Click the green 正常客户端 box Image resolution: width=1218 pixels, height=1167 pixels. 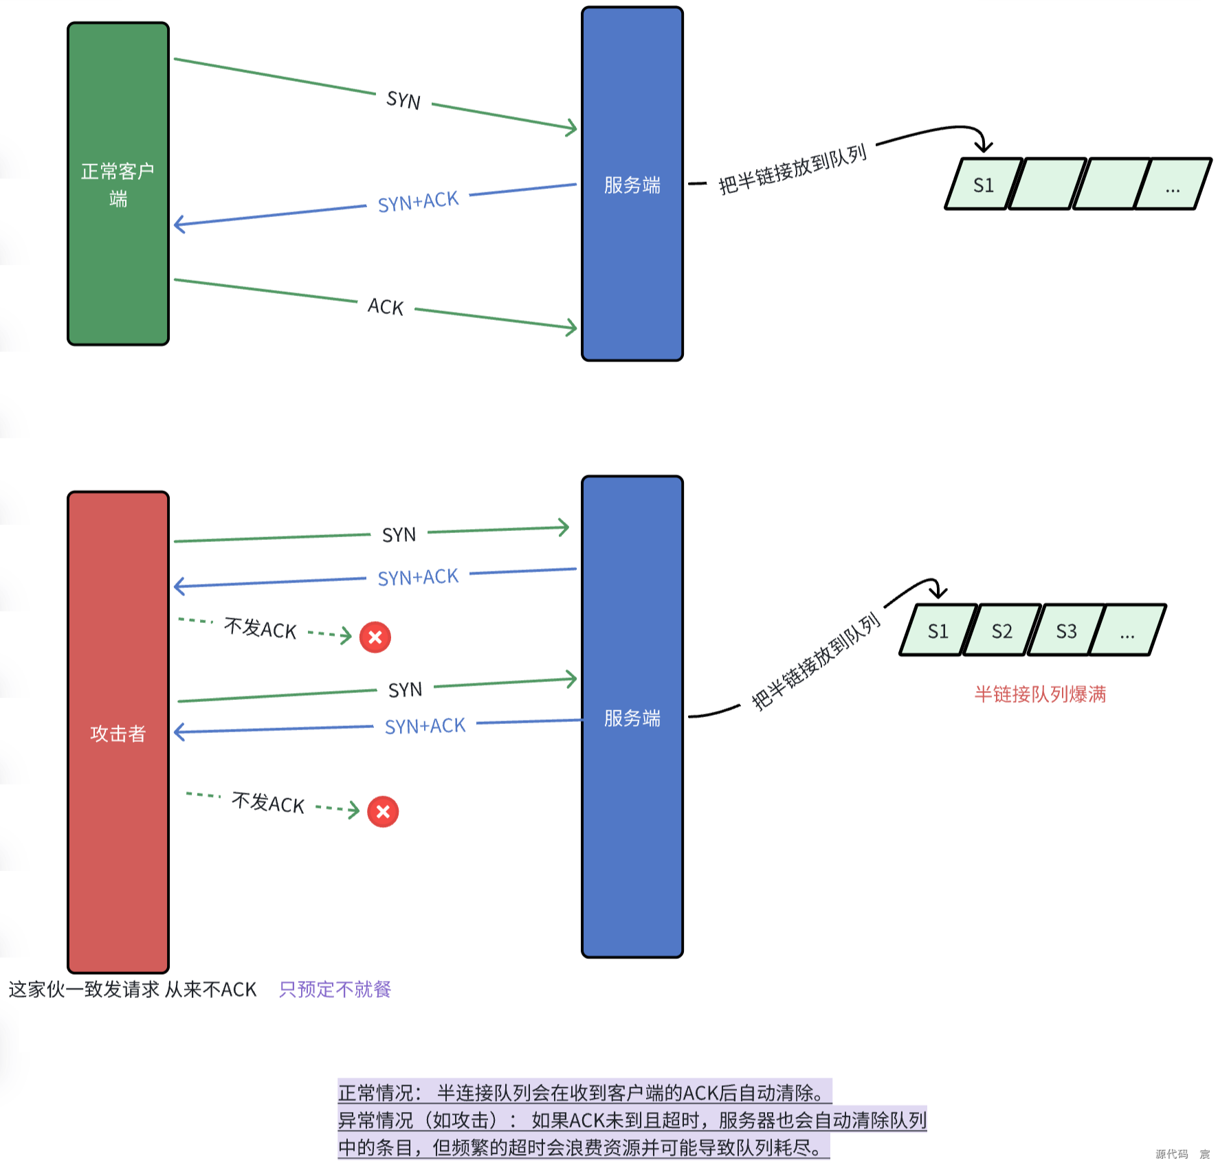(118, 183)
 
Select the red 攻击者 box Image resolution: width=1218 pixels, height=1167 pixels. (118, 732)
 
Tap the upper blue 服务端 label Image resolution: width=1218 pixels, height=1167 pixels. (632, 185)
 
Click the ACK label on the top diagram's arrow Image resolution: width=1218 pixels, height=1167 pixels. (386, 306)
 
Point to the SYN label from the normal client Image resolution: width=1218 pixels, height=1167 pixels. (403, 100)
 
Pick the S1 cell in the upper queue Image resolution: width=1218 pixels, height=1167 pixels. (983, 185)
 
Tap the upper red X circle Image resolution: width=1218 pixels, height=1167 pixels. (375, 637)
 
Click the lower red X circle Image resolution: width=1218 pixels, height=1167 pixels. (383, 812)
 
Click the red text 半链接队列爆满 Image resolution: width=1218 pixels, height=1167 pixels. (1039, 694)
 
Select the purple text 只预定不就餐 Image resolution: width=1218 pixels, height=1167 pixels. (335, 989)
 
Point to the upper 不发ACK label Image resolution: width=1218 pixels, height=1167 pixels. (261, 628)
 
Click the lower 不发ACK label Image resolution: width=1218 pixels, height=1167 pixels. (268, 802)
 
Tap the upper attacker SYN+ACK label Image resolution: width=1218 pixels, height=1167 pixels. (418, 577)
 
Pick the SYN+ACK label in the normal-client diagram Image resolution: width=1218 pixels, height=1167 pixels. (418, 201)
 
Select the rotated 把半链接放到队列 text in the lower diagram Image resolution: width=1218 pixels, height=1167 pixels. (815, 661)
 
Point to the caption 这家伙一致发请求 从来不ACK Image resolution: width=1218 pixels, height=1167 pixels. (132, 989)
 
